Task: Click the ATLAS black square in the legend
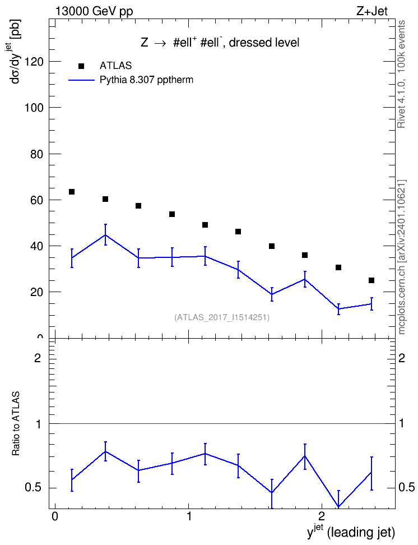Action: pyautogui.click(x=81, y=66)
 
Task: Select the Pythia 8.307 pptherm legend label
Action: pyautogui.click(x=146, y=80)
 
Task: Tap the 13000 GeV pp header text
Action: pyautogui.click(x=94, y=12)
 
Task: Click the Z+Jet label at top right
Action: pyautogui.click(x=372, y=11)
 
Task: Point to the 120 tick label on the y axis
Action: pyautogui.click(x=34, y=62)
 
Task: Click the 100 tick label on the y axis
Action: pyautogui.click(x=34, y=108)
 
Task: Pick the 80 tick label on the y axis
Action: pyautogui.click(x=37, y=154)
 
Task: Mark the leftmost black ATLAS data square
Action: pyautogui.click(x=72, y=192)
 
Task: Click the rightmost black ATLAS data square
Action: pyautogui.click(x=371, y=280)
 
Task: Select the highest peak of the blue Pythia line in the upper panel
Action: pyautogui.click(x=105, y=235)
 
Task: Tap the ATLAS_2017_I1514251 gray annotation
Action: pyautogui.click(x=222, y=317)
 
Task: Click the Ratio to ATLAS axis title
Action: pyautogui.click(x=16, y=424)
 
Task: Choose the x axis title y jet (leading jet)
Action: pyautogui.click(x=351, y=532)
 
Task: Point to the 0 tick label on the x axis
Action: pyautogui.click(x=54, y=516)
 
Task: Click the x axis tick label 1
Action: pyautogui.click(x=189, y=516)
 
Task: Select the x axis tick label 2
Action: pyautogui.click(x=322, y=516)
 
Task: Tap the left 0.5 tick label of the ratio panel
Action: pyautogui.click(x=34, y=488)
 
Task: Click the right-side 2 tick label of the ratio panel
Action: pyautogui.click(x=402, y=358)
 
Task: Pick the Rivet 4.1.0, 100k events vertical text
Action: pyautogui.click(x=401, y=74)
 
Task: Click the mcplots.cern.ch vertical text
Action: pyautogui.click(x=402, y=257)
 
